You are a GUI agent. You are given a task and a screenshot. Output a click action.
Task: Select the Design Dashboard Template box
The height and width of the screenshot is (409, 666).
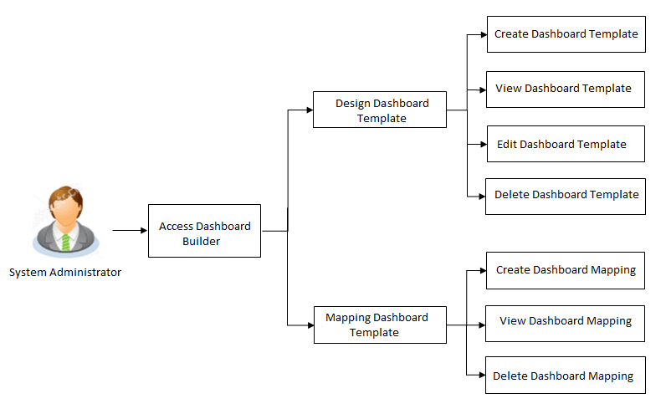click(379, 110)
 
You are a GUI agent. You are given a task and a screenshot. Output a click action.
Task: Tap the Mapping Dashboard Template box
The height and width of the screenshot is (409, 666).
click(379, 325)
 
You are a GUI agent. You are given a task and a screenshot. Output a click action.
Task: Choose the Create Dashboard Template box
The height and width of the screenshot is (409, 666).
click(566, 34)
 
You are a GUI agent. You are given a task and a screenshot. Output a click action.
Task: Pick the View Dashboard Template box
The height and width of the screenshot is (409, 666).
click(566, 89)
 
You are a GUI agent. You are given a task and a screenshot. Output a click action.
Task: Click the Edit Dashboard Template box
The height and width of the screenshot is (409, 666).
click(566, 144)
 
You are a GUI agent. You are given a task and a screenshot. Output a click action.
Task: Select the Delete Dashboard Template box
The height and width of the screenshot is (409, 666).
click(566, 195)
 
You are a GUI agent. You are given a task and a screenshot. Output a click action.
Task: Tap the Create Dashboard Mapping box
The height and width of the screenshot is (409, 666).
click(566, 270)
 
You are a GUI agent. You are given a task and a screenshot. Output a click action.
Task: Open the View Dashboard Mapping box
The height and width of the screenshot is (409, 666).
click(566, 321)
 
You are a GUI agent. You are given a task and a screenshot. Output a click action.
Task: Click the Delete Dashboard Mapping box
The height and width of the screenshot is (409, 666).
click(566, 376)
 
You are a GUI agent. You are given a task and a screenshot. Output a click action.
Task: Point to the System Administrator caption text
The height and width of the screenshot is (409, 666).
click(65, 273)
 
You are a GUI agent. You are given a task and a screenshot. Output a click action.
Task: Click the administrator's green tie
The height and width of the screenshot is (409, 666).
click(65, 242)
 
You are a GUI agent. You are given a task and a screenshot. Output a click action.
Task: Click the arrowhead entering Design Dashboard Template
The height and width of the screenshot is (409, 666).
click(309, 110)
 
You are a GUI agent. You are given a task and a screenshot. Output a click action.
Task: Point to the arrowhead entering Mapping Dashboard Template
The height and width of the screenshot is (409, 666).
click(310, 325)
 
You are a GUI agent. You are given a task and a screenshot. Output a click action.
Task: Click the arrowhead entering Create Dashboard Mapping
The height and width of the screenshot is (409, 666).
click(482, 270)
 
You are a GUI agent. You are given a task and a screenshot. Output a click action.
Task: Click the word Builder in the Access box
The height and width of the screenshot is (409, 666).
click(201, 241)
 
